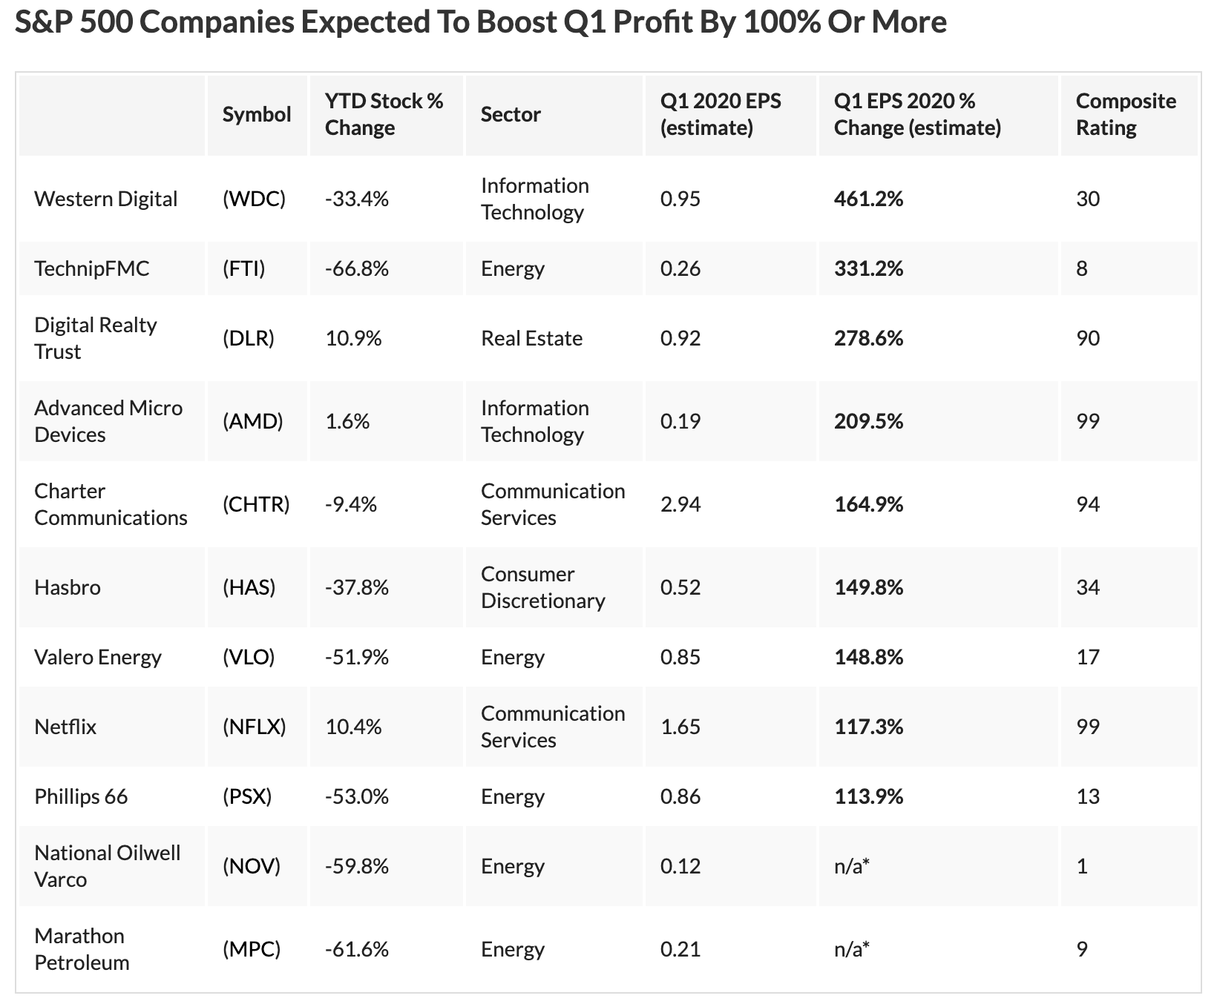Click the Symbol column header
coord(257,114)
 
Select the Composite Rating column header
coord(1125,114)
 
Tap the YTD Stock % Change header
coord(384,114)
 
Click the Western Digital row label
coord(105,199)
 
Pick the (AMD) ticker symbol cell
coord(252,421)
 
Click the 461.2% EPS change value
coord(868,199)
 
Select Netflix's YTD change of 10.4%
coord(353,727)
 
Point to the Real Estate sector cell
coord(531,338)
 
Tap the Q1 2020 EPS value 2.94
coord(680,504)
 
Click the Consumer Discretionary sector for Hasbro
coord(542,587)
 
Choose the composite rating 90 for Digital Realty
coord(1087,338)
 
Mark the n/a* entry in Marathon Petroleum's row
coord(851,949)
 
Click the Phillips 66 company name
coord(81,796)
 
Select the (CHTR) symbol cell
coord(256,504)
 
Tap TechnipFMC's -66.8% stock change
coord(357,268)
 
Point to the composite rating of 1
coord(1082,866)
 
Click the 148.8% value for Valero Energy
coord(868,657)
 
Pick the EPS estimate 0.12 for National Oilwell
coord(680,866)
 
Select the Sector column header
coord(511,114)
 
